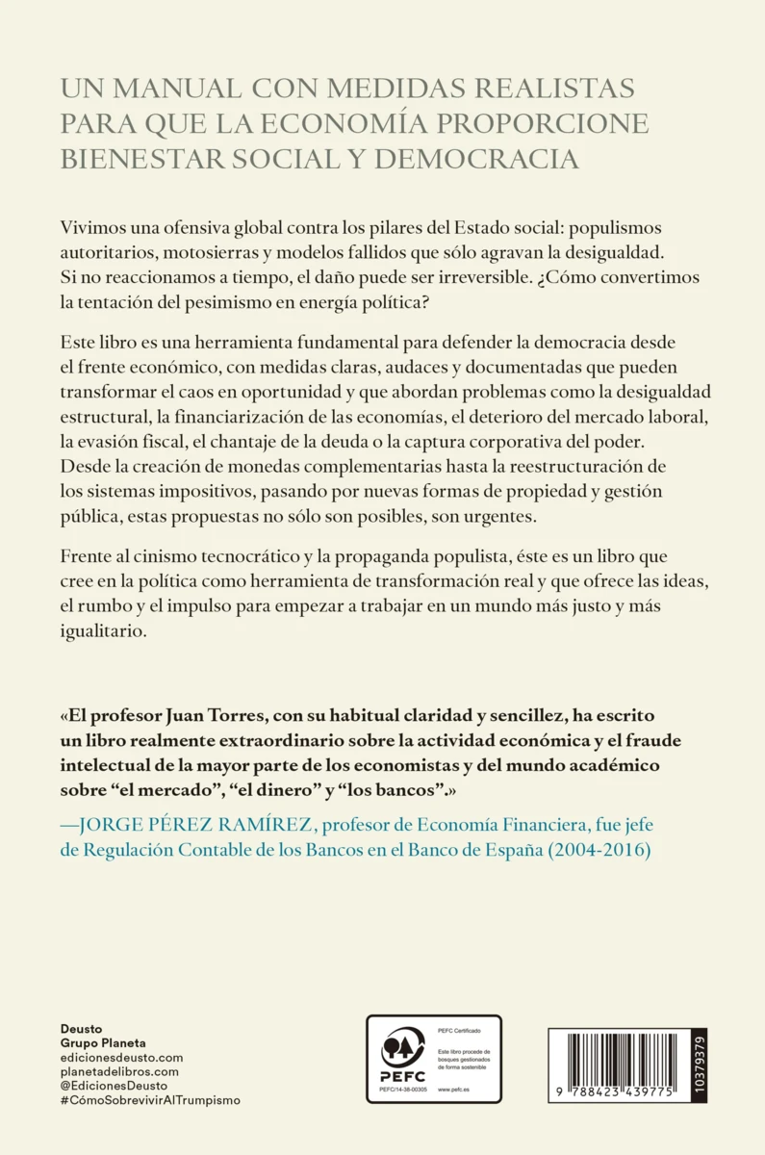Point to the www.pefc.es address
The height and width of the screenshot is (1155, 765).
pyautogui.click(x=452, y=1089)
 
